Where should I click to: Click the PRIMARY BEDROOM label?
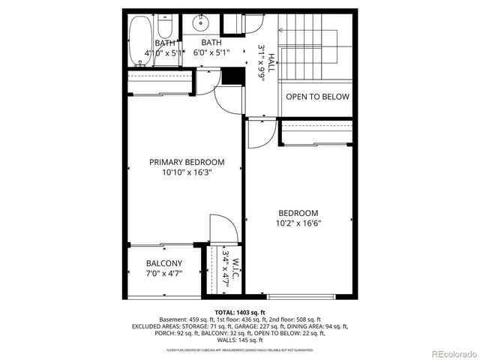(187, 162)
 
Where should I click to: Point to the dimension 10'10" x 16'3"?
(187, 172)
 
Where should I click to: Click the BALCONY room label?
(163, 263)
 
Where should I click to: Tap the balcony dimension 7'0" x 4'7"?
(163, 273)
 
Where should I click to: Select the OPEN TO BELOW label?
(317, 97)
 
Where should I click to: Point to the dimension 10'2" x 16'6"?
(298, 223)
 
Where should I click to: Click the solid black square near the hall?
(232, 76)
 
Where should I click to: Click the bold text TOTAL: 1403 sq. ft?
(240, 312)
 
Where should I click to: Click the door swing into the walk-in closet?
(223, 228)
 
